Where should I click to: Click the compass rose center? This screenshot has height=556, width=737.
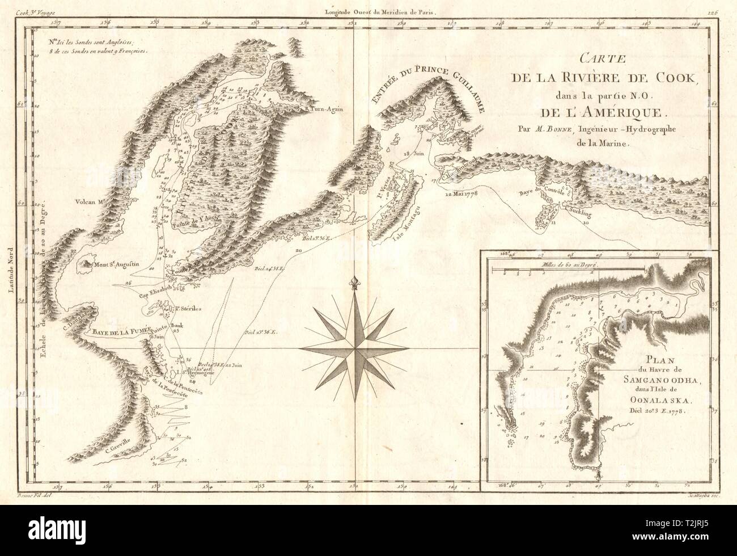(x=354, y=346)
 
